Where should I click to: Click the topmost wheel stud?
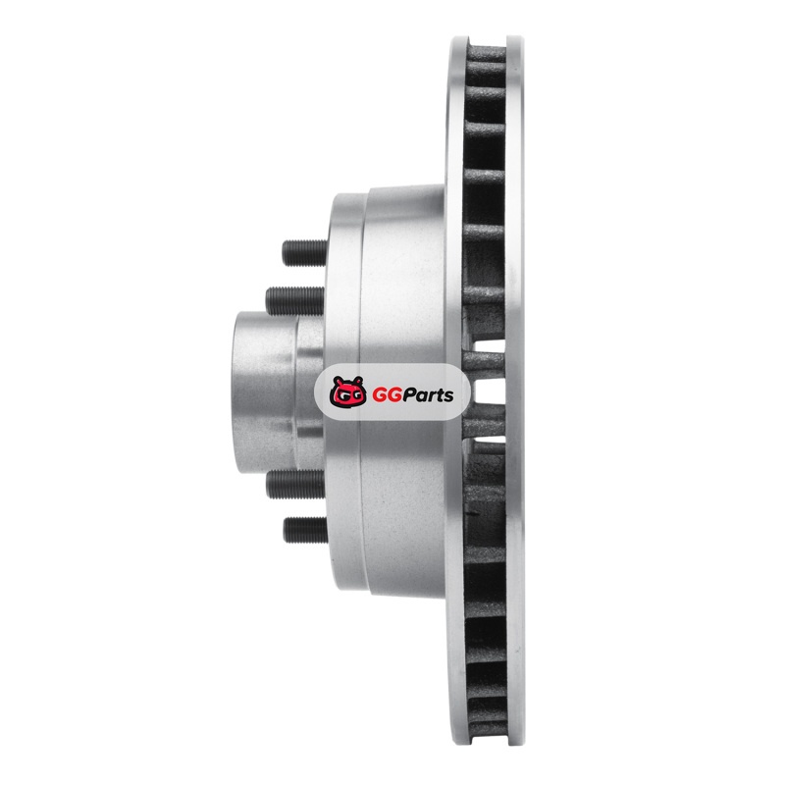[304, 252]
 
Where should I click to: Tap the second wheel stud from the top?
[295, 300]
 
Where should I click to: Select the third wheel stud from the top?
[295, 484]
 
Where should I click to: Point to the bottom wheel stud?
[305, 530]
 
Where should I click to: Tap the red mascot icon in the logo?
[348, 391]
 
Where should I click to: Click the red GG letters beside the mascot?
[384, 395]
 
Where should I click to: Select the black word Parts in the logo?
[425, 395]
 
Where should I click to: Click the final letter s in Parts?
[448, 396]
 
